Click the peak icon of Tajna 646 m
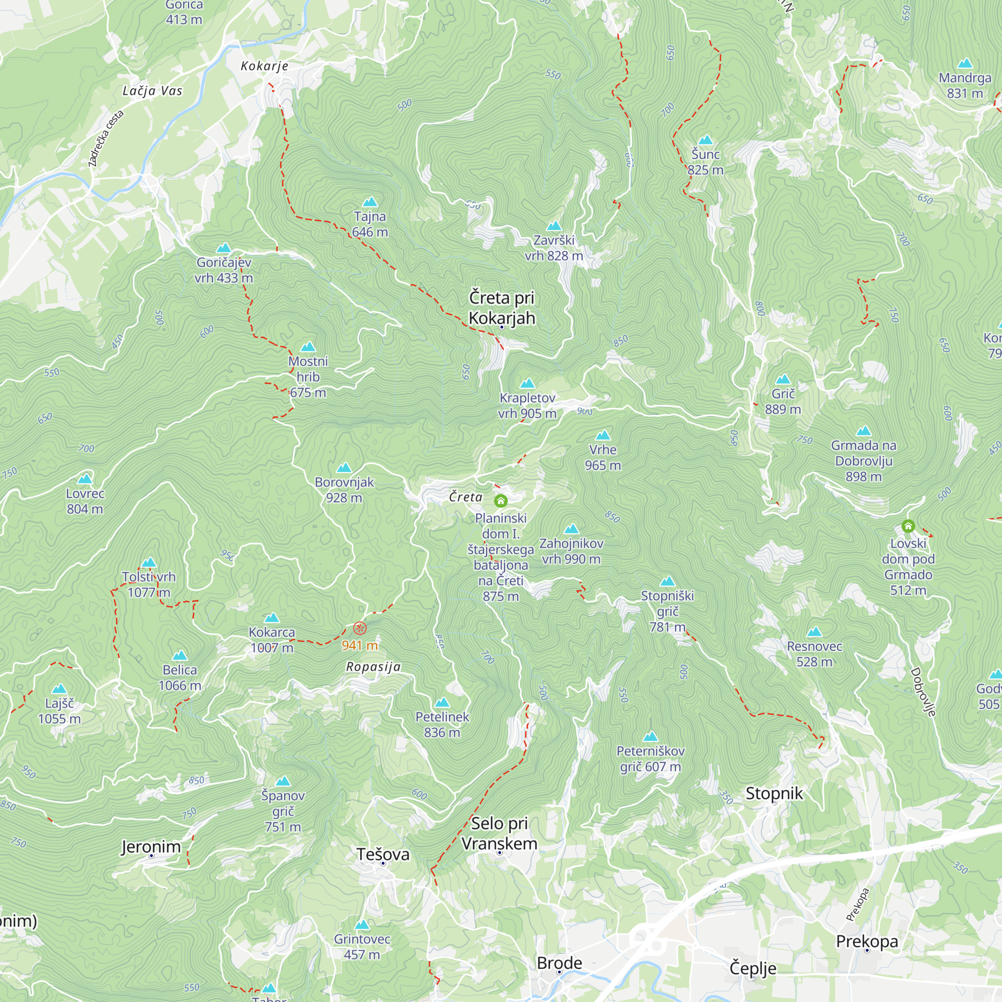coord(370,202)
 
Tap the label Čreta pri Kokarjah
coord(502,308)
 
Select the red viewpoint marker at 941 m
coord(360,629)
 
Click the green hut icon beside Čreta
coord(500,500)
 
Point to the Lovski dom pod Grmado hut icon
coord(908,527)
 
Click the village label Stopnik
coord(774,793)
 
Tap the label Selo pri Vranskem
coord(499,833)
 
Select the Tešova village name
coord(383,854)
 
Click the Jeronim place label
coord(151,846)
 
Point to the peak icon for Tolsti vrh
coord(149,563)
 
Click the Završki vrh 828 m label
coord(554,248)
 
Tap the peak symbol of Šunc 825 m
coord(705,140)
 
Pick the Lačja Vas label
coord(152,91)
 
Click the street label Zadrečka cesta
coord(106,138)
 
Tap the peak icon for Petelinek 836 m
coord(442,703)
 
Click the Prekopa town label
coord(867,941)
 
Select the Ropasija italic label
coord(373,667)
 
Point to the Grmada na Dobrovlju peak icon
coord(864,431)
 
